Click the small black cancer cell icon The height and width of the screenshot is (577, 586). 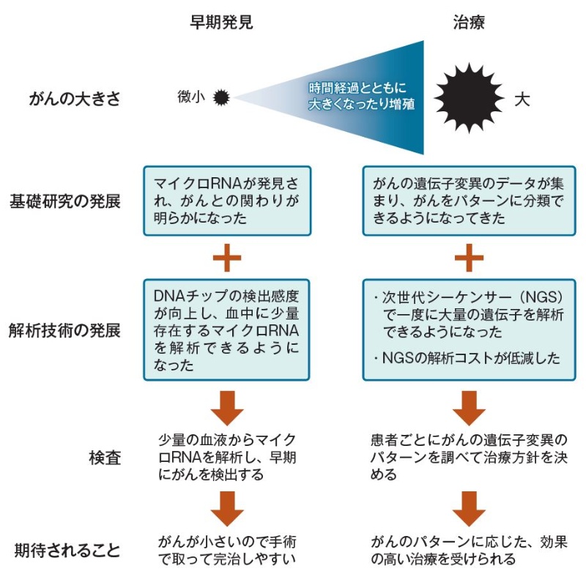(221, 97)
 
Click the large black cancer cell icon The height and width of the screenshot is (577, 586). (469, 95)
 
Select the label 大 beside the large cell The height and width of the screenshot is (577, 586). (521, 98)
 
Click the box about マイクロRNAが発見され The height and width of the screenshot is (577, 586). (226, 201)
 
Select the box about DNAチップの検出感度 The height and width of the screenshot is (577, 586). (226, 330)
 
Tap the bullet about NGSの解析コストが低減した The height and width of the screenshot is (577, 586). (466, 358)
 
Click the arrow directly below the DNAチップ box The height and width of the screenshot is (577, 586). (226, 407)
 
